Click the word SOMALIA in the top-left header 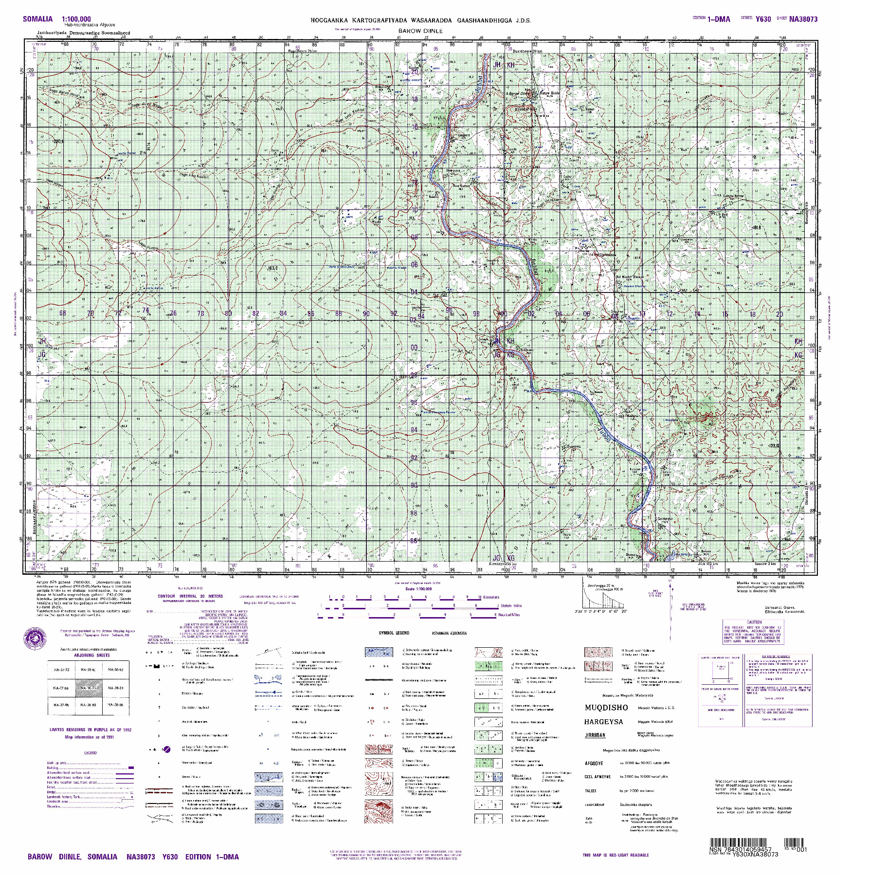37,19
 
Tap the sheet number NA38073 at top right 803,19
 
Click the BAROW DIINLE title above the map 420,31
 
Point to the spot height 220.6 59,142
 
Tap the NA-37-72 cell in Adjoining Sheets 61,670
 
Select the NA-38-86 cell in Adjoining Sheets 115,705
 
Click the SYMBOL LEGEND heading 394,633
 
